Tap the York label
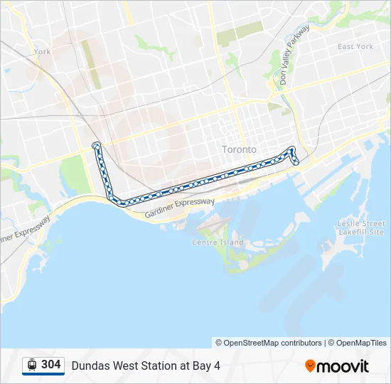(x=42, y=51)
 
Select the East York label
(x=355, y=47)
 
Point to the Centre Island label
(x=218, y=242)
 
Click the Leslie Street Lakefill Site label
(x=361, y=228)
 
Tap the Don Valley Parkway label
(x=295, y=55)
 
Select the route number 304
(x=50, y=365)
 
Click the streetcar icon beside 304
(x=32, y=366)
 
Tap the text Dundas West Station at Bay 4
(x=146, y=366)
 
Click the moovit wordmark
(x=343, y=366)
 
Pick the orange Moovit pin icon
(x=310, y=366)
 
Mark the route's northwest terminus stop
(x=96, y=146)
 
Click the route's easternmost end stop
(x=296, y=163)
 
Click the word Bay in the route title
(x=202, y=366)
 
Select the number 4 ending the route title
(x=217, y=366)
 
